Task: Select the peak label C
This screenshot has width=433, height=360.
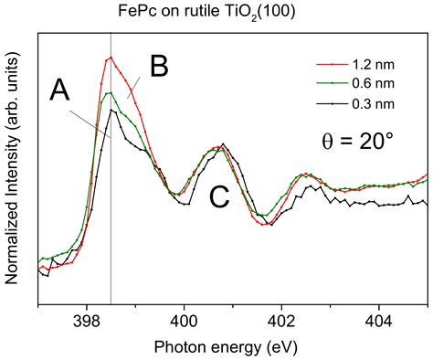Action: click(219, 196)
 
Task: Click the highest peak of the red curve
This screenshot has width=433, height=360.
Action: click(111, 58)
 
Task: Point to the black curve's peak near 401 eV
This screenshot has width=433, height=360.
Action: click(224, 144)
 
